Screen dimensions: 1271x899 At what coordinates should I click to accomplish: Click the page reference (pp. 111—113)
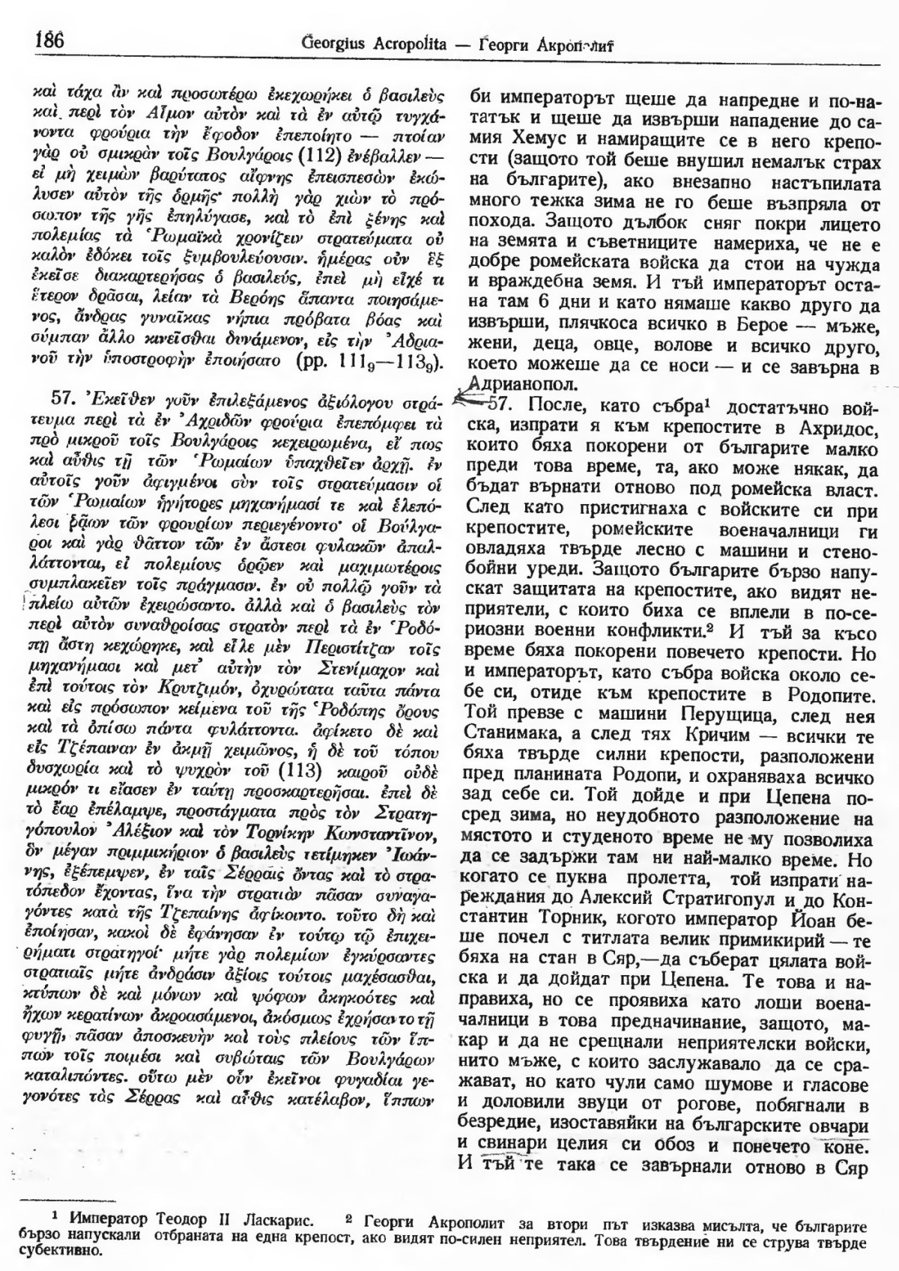coord(381,363)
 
